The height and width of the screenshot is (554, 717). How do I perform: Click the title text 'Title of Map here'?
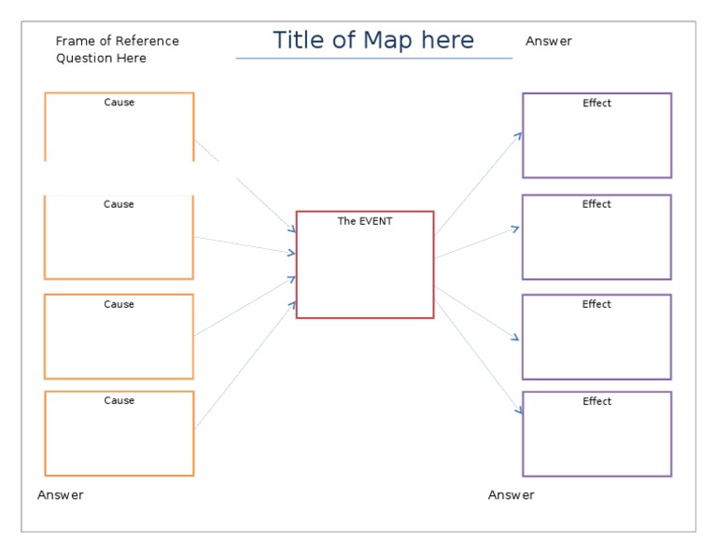(373, 41)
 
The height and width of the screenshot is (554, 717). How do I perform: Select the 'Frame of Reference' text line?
(117, 41)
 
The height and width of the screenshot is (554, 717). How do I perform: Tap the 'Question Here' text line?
(101, 58)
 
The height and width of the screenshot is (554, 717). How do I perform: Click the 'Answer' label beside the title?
(549, 41)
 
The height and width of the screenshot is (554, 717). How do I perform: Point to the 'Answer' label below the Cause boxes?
(61, 495)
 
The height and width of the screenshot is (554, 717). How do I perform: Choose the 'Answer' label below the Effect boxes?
(512, 495)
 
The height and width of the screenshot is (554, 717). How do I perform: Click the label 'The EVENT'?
(365, 221)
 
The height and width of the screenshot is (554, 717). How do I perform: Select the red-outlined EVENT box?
(365, 270)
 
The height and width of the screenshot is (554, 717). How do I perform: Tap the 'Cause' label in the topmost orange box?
(119, 103)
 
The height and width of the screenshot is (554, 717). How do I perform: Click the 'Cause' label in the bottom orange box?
(119, 401)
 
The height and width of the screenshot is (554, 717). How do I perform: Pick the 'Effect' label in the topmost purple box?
(597, 104)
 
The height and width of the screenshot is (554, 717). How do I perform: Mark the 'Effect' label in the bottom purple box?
(597, 402)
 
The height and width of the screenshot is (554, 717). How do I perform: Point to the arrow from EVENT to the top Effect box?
(478, 183)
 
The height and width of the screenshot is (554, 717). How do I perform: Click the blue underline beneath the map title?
(373, 59)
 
